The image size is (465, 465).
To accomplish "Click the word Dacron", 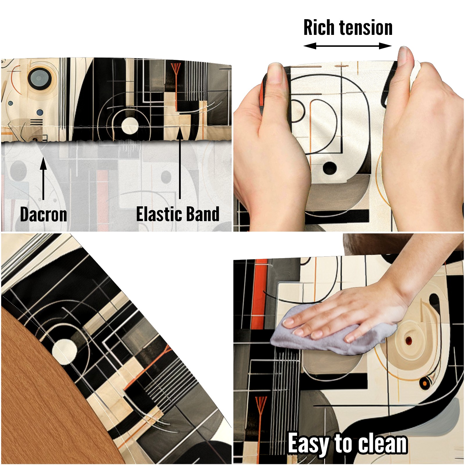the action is pos(44,214).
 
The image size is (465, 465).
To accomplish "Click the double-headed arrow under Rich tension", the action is pos(348,46).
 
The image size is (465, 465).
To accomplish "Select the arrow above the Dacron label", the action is pos(43,178).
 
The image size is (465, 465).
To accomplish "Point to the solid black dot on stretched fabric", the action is pos(330,168).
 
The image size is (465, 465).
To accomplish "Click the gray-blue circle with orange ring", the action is pos(40,78).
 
